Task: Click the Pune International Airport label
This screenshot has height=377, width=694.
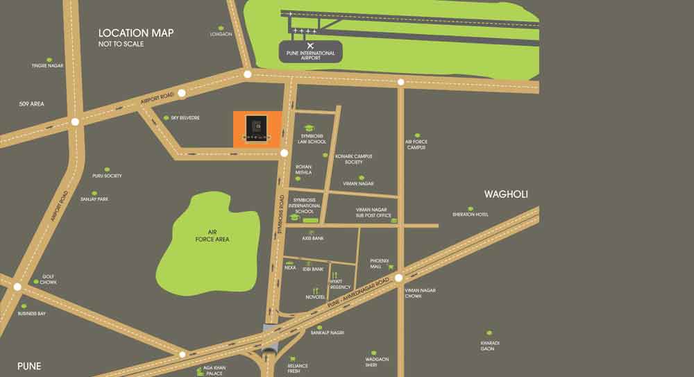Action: (310, 56)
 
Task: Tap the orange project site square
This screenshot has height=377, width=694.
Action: (257, 128)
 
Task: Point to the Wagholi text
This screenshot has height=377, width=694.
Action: (506, 194)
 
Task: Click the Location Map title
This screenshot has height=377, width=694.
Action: (136, 33)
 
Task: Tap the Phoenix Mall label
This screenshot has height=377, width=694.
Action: (380, 263)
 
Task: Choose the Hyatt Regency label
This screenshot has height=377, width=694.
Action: (340, 284)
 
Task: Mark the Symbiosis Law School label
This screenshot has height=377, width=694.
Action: (313, 139)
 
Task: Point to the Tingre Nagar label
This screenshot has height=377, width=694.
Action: (47, 66)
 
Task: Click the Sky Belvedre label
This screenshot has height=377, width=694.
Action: (185, 118)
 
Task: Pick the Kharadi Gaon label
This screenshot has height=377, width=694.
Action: (490, 345)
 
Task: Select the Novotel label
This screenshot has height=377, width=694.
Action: (315, 297)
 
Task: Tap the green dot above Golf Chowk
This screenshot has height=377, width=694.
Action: (36, 281)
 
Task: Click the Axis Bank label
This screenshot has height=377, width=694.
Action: (313, 237)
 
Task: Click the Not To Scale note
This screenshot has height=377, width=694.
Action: (121, 44)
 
